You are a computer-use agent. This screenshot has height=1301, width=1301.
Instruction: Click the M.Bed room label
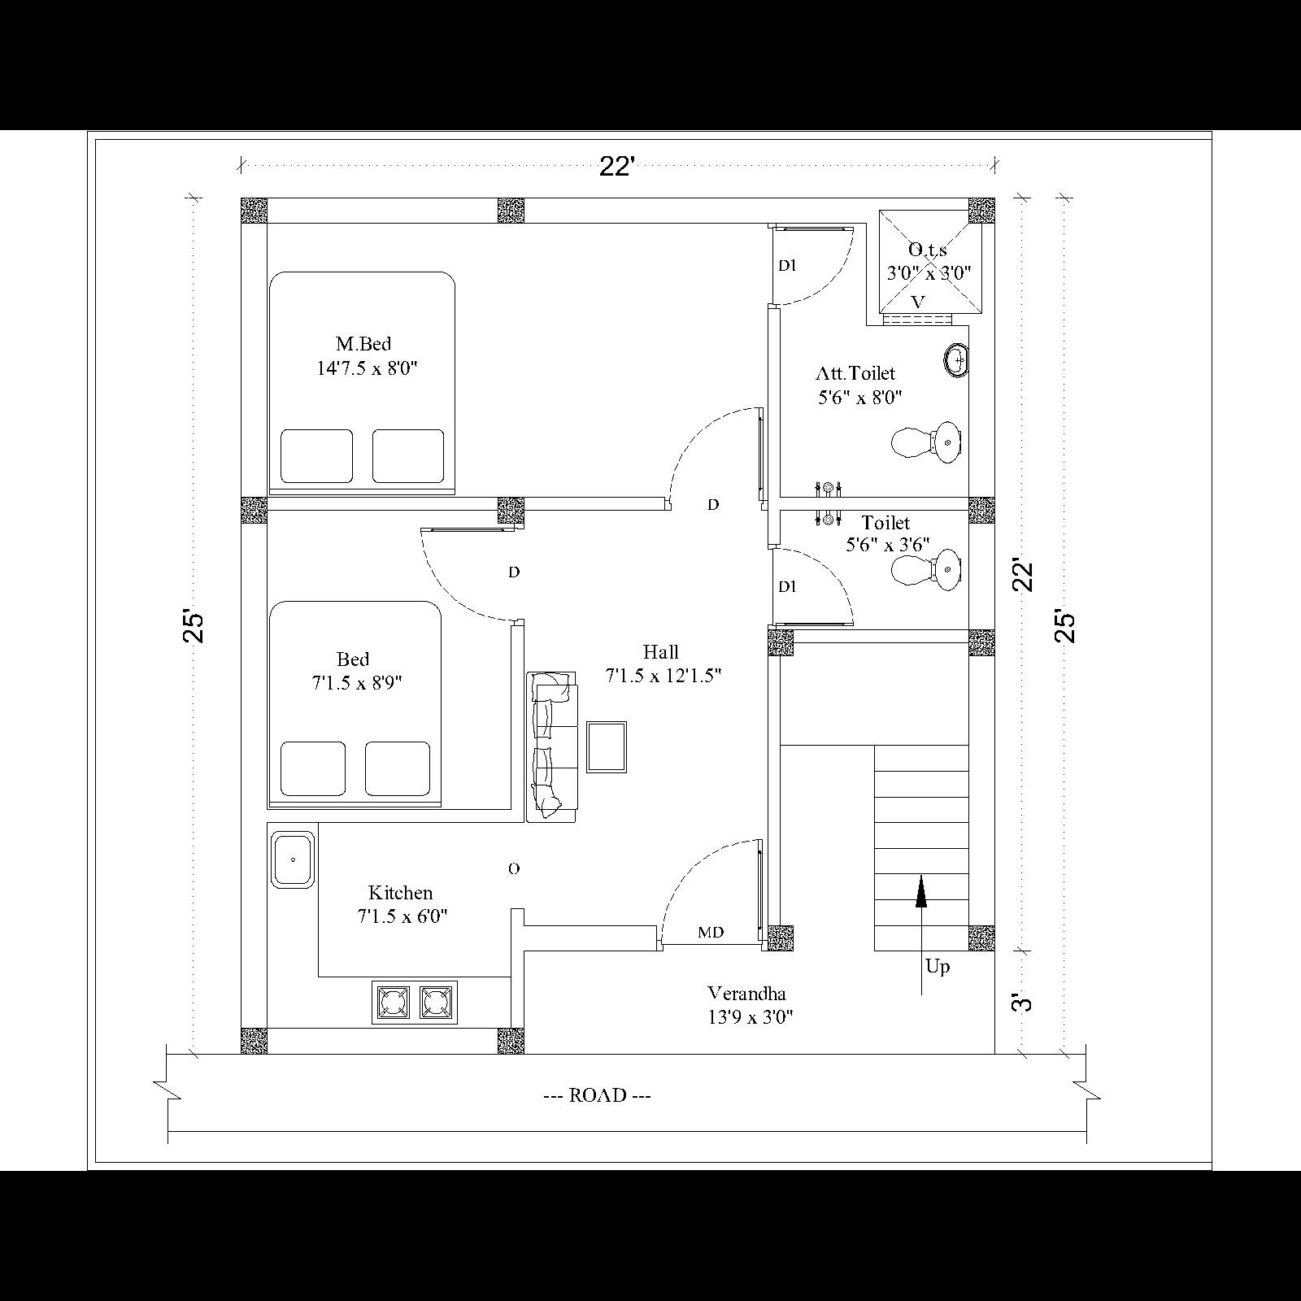(x=363, y=344)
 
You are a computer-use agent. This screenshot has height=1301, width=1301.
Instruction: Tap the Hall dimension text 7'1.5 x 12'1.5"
(x=664, y=676)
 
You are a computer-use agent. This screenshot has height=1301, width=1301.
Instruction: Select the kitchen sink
(x=293, y=859)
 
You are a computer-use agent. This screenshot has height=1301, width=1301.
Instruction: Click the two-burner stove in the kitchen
(x=415, y=1003)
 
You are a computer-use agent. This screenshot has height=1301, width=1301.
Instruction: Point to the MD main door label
(x=711, y=933)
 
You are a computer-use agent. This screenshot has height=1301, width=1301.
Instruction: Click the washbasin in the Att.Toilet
(x=957, y=359)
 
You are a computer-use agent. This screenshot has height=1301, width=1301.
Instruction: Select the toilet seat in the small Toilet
(x=927, y=568)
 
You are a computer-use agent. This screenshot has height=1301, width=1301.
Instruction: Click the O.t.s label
(x=927, y=250)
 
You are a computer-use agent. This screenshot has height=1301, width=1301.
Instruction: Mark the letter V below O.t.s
(x=918, y=302)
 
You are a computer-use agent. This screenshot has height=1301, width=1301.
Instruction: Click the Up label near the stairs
(x=938, y=967)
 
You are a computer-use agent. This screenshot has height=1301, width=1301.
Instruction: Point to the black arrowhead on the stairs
(x=921, y=891)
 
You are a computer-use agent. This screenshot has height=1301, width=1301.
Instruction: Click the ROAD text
(x=598, y=1095)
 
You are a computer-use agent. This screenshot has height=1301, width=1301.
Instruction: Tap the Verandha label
(x=746, y=994)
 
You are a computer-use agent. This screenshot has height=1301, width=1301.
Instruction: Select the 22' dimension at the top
(x=616, y=167)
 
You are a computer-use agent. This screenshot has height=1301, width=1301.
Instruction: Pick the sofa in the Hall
(x=552, y=746)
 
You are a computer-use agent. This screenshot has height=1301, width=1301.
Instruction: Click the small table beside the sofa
(x=607, y=746)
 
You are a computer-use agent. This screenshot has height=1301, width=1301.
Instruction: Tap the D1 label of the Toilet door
(x=787, y=587)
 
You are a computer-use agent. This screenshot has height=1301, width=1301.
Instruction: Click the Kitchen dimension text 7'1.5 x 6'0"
(x=402, y=917)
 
